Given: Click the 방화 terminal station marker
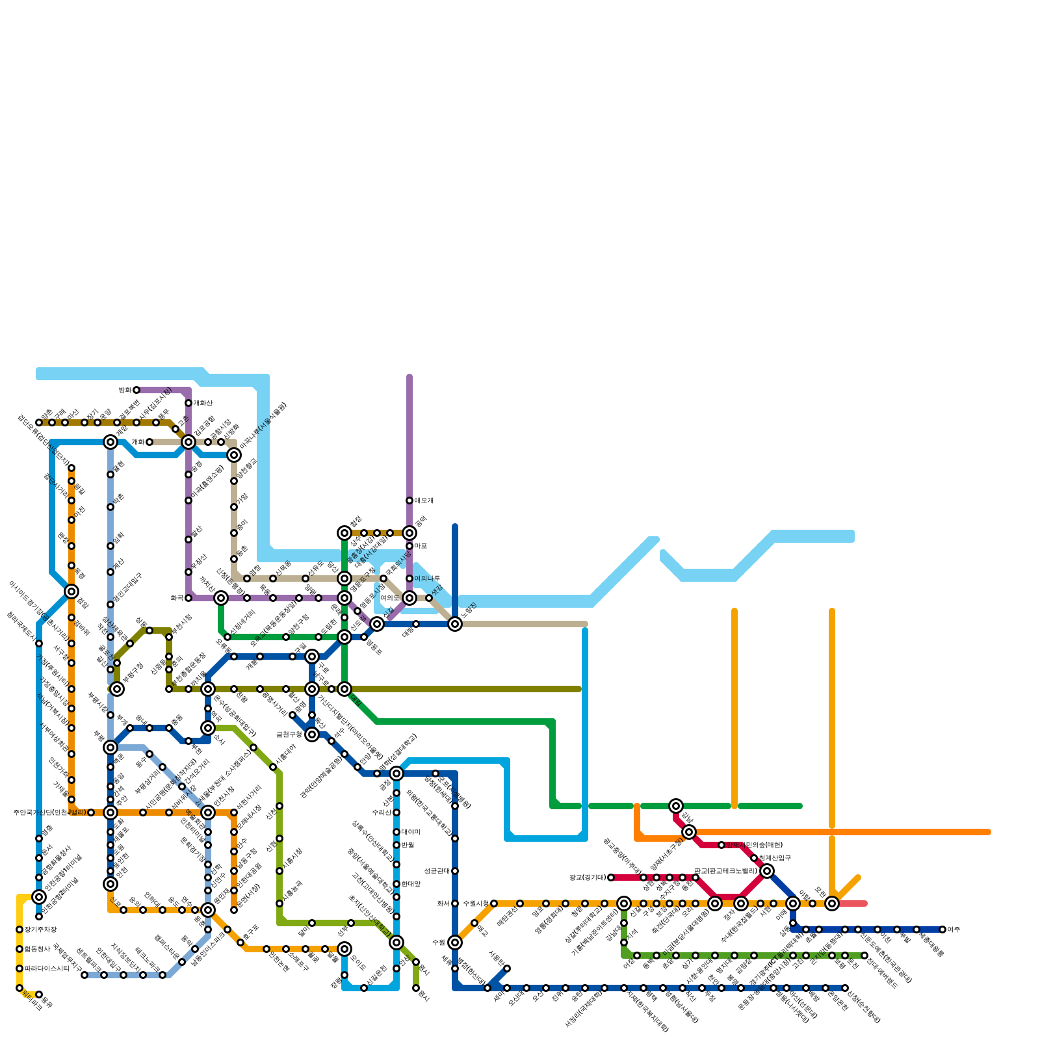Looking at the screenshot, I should pyautogui.click(x=136, y=390).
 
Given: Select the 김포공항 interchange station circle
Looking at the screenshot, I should pyautogui.click(x=188, y=442).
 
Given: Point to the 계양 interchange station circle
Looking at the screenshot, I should pyautogui.click(x=110, y=442).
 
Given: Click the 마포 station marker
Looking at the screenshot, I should pyautogui.click(x=409, y=546).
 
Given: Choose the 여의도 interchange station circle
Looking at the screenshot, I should pyautogui.click(x=409, y=598).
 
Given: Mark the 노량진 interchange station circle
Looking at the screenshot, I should pyautogui.click(x=455, y=624).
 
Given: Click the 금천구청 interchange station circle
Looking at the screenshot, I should pyautogui.click(x=312, y=734).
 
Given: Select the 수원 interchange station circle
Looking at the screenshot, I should pyautogui.click(x=455, y=942).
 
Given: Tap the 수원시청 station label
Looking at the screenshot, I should pyautogui.click(x=475, y=903).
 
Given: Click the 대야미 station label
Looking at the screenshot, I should pyautogui.click(x=411, y=832).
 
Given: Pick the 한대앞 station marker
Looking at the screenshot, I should pyautogui.click(x=396, y=884).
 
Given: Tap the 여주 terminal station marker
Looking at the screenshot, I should pyautogui.click(x=942, y=929).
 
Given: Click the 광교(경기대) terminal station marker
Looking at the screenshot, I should pyautogui.click(x=611, y=877).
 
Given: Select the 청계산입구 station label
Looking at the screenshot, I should pyautogui.click(x=775, y=858).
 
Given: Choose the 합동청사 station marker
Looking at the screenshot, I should pyautogui.click(x=19, y=949).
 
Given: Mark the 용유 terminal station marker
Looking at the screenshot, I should pyautogui.click(x=39, y=994).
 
